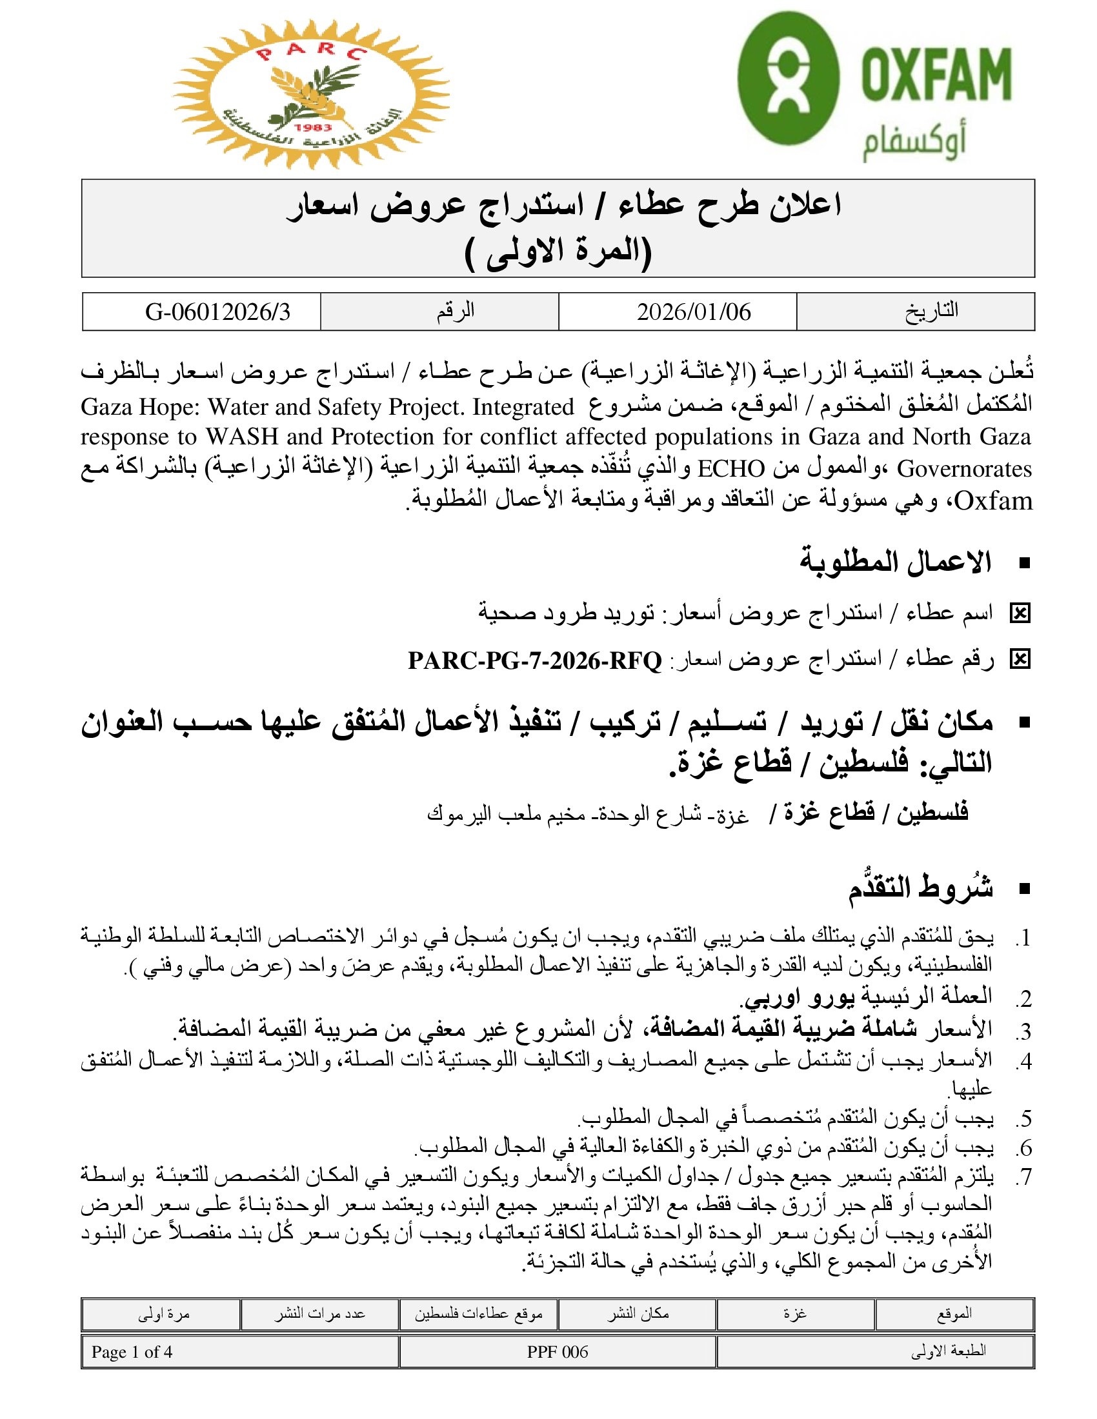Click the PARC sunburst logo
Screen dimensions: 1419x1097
pyautogui.click(x=310, y=94)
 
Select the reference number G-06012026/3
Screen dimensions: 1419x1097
pyautogui.click(x=217, y=313)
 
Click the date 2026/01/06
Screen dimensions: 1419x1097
pyautogui.click(x=694, y=313)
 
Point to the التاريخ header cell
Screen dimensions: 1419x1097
pyautogui.click(x=931, y=312)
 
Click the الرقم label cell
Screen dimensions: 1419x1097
pyautogui.click(x=455, y=312)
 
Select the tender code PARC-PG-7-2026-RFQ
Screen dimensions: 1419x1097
pyautogui.click(x=535, y=660)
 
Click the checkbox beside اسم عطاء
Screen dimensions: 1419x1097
pyautogui.click(x=1020, y=613)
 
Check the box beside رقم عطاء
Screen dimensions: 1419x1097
pyautogui.click(x=1020, y=660)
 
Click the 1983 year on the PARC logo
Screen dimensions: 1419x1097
pyautogui.click(x=312, y=127)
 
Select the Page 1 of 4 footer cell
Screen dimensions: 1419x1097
pyautogui.click(x=132, y=1352)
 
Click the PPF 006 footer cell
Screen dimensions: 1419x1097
pyautogui.click(x=557, y=1352)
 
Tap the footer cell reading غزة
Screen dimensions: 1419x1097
pyautogui.click(x=795, y=1314)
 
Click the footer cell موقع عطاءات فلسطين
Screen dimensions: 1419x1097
pyautogui.click(x=478, y=1314)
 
